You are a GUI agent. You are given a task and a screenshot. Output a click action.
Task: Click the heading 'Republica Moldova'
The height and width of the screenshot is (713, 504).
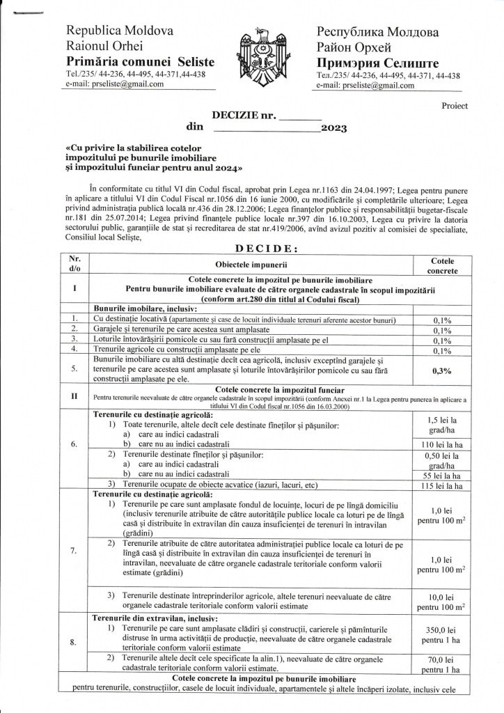coord(120,31)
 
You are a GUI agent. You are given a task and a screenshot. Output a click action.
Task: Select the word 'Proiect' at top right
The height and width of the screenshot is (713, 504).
coord(455,106)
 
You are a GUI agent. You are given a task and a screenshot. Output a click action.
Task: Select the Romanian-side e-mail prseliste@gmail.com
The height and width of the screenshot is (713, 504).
coord(115,84)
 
